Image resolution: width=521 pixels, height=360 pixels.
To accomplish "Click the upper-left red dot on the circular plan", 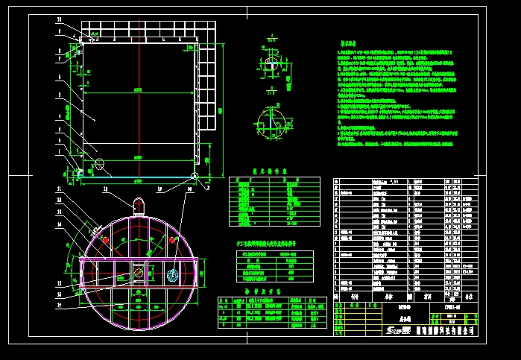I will (106, 240).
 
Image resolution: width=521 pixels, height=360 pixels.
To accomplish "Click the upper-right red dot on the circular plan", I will (172, 239).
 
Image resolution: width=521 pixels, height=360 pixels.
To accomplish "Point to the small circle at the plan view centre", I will (139, 272).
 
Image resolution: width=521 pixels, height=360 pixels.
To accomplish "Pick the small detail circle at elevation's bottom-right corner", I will (195, 177).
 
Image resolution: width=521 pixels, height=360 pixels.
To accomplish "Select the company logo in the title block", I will (395, 330).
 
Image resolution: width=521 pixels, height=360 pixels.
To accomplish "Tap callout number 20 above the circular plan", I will (188, 190).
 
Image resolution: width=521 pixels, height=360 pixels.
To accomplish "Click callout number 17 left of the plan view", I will (60, 190).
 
